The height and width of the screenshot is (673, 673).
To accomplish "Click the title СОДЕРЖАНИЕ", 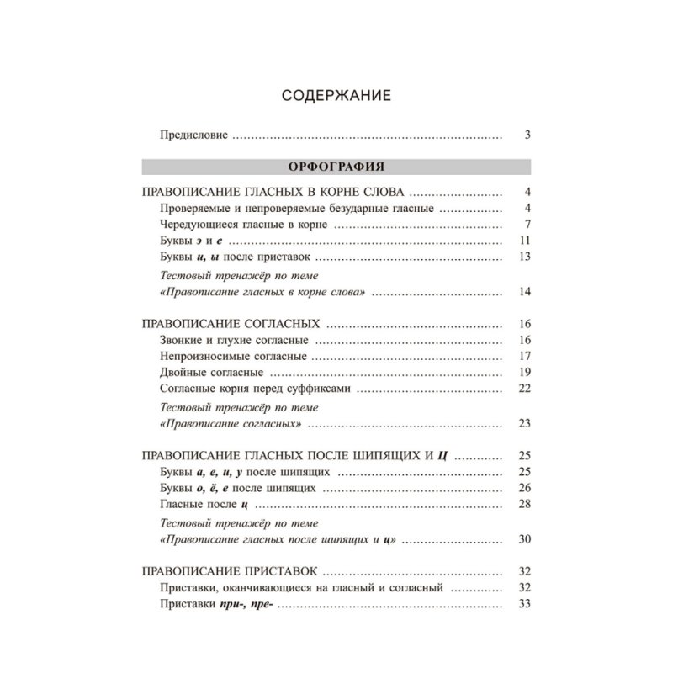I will coord(336,96).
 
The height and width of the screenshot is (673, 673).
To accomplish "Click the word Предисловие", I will coord(193,135).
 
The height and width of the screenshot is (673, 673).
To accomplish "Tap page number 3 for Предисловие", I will coord(527,135).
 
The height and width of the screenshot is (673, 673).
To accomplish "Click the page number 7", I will coord(527,225).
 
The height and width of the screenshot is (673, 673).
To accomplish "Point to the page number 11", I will coord(524,241).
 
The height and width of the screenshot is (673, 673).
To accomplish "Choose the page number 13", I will coord(524,257).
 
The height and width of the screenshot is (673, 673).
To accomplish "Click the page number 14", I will coord(524,292).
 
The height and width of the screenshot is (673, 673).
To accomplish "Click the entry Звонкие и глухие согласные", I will coord(233,340).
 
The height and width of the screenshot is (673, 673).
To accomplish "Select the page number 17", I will coord(524,356).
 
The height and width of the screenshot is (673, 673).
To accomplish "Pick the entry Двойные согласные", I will coord(215,372).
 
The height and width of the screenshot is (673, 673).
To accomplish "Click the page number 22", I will coord(524,388).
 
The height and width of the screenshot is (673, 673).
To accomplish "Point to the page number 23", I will coord(524,423).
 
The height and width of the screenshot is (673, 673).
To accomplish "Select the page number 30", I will coord(524,538).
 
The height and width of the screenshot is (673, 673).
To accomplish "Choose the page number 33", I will coord(524,603).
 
